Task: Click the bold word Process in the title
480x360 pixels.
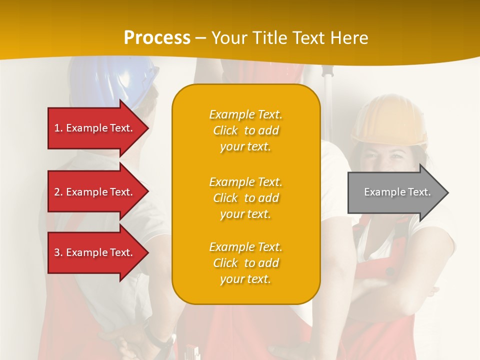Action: [x=157, y=37]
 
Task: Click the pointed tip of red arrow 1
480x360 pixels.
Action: [x=147, y=128]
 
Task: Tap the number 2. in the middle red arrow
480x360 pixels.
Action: [x=58, y=192]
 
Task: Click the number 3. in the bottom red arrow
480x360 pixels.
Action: [x=58, y=252]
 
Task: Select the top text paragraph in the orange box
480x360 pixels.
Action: [x=245, y=130]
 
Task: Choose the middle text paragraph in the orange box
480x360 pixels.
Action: [x=245, y=198]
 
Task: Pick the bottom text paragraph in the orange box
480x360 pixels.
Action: [x=245, y=263]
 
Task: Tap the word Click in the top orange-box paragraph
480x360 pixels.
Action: [x=225, y=130]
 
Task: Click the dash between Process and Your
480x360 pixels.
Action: [x=200, y=38]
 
